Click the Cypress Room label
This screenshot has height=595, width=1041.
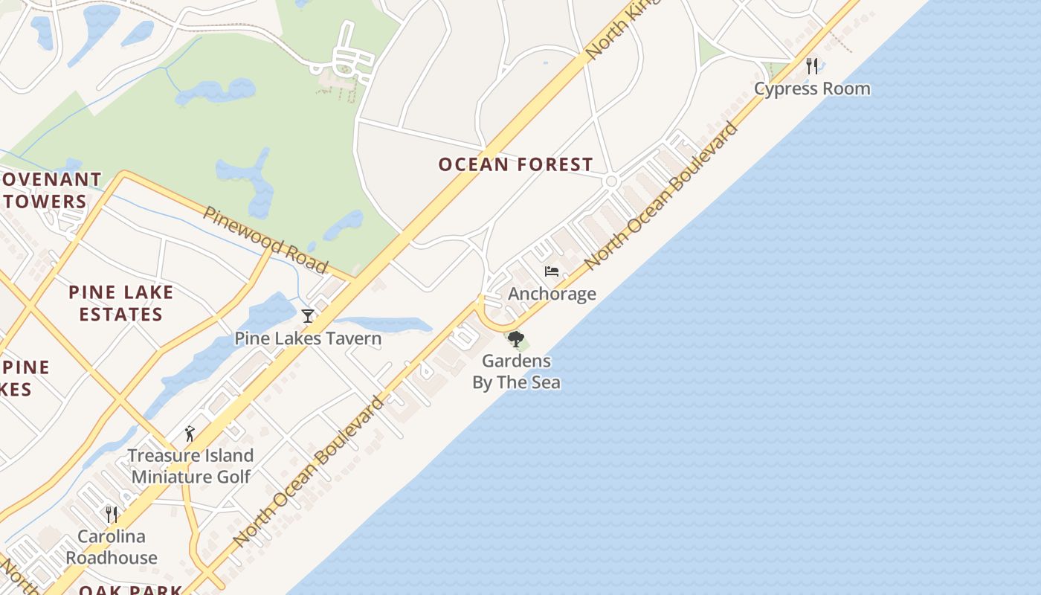pos(812,89)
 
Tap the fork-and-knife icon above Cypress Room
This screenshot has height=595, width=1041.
pos(812,65)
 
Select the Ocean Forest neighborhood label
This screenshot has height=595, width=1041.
pos(515,164)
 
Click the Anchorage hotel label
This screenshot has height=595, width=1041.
pos(552,294)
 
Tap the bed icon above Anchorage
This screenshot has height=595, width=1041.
pos(552,271)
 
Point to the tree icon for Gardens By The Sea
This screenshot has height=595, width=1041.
pos(515,340)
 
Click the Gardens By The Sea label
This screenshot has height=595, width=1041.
pos(516,372)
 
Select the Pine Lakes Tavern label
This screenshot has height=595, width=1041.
pos(308,338)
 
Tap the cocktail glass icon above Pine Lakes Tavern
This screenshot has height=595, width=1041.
pos(308,316)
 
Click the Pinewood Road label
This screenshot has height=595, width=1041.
pos(265,239)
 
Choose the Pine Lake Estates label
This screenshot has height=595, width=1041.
pos(121,303)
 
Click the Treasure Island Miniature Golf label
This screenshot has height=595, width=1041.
pos(190,466)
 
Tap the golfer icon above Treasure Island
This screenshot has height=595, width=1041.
pos(190,434)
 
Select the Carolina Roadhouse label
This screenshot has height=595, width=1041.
pos(112,547)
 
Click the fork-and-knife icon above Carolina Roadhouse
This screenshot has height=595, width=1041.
pos(112,514)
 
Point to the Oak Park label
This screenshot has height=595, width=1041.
pos(131,590)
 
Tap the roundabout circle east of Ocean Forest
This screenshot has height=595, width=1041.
pos(612,181)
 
